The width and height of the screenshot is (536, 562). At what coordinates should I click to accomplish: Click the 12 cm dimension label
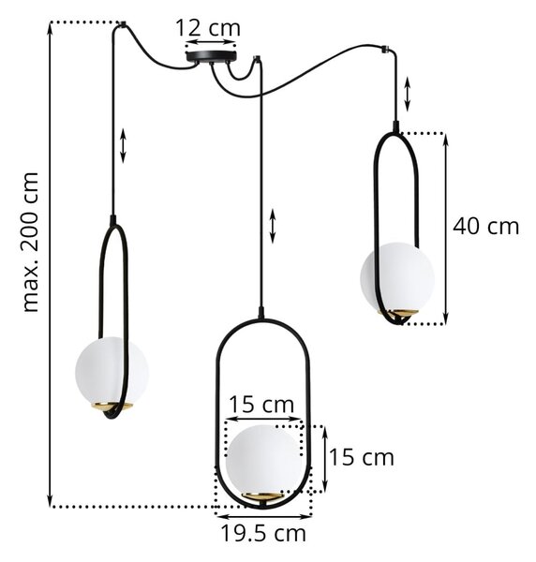click(208, 28)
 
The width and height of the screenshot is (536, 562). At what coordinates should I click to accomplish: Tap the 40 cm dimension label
click(485, 227)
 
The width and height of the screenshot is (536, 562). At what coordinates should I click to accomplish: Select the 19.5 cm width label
click(263, 533)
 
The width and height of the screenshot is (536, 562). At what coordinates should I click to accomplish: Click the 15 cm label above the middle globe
click(261, 405)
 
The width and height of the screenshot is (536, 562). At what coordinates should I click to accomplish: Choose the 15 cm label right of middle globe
click(361, 458)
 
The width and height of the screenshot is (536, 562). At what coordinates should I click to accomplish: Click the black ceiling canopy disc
click(211, 56)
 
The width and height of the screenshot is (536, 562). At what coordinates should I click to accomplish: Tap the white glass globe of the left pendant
click(112, 371)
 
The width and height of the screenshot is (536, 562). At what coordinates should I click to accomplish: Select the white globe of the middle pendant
click(263, 460)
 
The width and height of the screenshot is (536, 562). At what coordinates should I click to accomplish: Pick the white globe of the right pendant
click(397, 276)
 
